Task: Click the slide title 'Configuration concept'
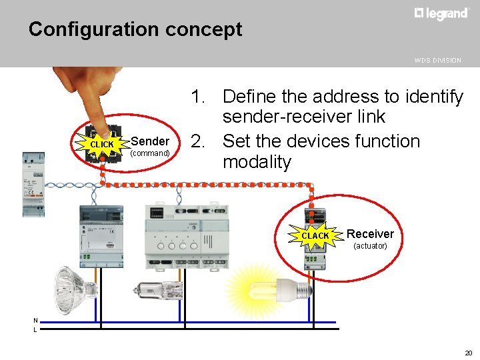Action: tap(135, 30)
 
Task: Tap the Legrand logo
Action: tap(441, 14)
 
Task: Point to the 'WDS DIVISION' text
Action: tap(437, 60)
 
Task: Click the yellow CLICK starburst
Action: tap(102, 144)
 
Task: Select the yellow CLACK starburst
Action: tap(315, 235)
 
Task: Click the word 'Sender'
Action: tap(150, 141)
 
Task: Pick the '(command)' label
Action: tap(150, 153)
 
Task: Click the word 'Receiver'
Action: tap(370, 233)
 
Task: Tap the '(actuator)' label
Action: tap(370, 246)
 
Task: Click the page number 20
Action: tap(468, 353)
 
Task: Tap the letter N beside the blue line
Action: tap(35, 321)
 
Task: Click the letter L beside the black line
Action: tap(35, 329)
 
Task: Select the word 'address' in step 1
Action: tap(331, 97)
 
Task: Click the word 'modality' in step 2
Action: tap(257, 162)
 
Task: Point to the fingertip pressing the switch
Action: tap(101, 126)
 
